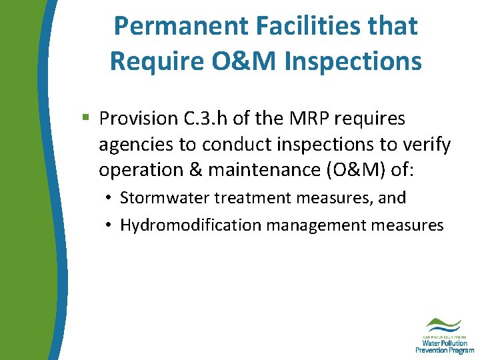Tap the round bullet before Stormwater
(x=108, y=199)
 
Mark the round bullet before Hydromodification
(x=108, y=226)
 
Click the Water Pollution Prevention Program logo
(x=444, y=335)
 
